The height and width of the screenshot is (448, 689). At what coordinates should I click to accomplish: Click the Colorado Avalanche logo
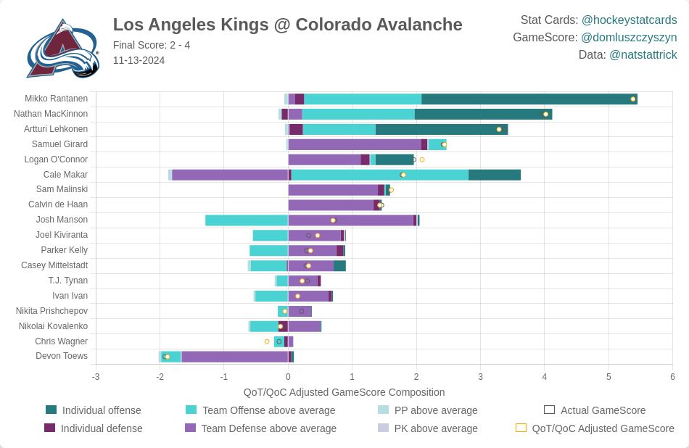tap(62, 49)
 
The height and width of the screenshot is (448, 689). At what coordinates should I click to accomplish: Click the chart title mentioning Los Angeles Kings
tap(287, 25)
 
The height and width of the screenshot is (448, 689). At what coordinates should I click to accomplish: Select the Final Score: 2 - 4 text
tap(152, 45)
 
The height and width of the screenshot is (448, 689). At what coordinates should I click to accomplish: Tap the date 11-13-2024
tap(139, 60)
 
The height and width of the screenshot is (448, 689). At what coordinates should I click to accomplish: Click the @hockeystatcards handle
tap(629, 20)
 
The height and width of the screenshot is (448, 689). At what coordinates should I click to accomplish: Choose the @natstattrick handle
tap(643, 55)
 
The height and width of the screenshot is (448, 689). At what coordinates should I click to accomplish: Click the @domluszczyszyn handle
tap(629, 38)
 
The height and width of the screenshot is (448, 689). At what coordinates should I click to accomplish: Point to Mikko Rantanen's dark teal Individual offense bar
tap(529, 99)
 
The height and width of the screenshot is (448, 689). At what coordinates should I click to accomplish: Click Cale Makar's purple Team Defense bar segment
tap(230, 175)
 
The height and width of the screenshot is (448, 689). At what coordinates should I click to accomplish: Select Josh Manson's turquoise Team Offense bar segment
tap(247, 220)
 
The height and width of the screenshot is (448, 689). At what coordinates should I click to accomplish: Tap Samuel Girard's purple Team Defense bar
tap(355, 144)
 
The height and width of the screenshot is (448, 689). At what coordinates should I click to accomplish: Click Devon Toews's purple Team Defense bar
tap(234, 357)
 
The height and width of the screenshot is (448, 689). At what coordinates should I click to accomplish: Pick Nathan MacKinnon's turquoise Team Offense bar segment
tap(358, 114)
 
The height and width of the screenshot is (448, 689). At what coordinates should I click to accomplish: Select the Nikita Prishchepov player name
tap(51, 311)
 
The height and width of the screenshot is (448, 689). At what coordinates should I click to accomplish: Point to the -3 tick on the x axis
tap(96, 377)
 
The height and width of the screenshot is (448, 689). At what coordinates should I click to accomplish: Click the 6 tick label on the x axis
tap(672, 377)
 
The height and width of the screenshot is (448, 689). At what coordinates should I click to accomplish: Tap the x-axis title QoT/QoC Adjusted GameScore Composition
tap(344, 392)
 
